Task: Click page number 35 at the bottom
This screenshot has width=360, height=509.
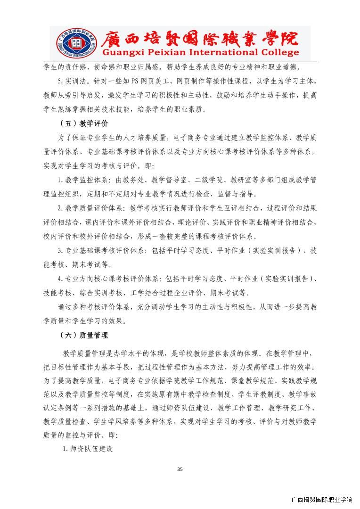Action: [x=180, y=468]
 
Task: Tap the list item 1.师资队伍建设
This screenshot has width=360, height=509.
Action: [x=88, y=448]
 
